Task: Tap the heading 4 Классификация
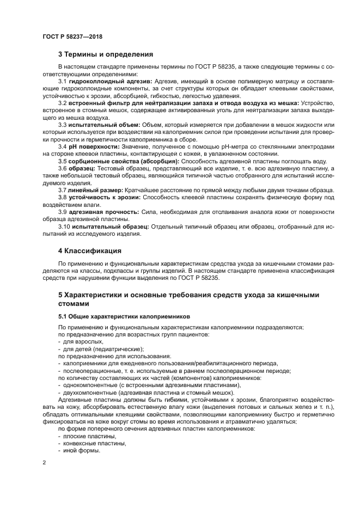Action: [89, 251]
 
